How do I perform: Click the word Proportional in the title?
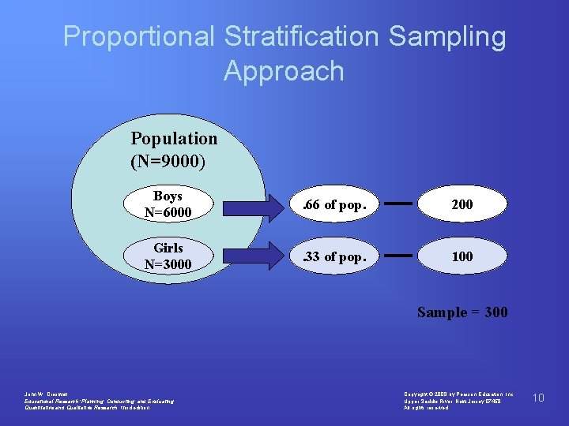pyautogui.click(x=138, y=36)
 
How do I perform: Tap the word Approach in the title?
pyautogui.click(x=284, y=71)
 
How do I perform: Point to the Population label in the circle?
pyautogui.click(x=174, y=139)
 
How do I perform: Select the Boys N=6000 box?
pyautogui.click(x=168, y=204)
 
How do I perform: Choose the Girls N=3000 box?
pyautogui.click(x=168, y=256)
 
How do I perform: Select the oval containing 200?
pyautogui.click(x=462, y=204)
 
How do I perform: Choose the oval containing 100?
pyautogui.click(x=462, y=256)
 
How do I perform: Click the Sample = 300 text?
pyautogui.click(x=462, y=312)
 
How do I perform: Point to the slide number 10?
pyautogui.click(x=538, y=398)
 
